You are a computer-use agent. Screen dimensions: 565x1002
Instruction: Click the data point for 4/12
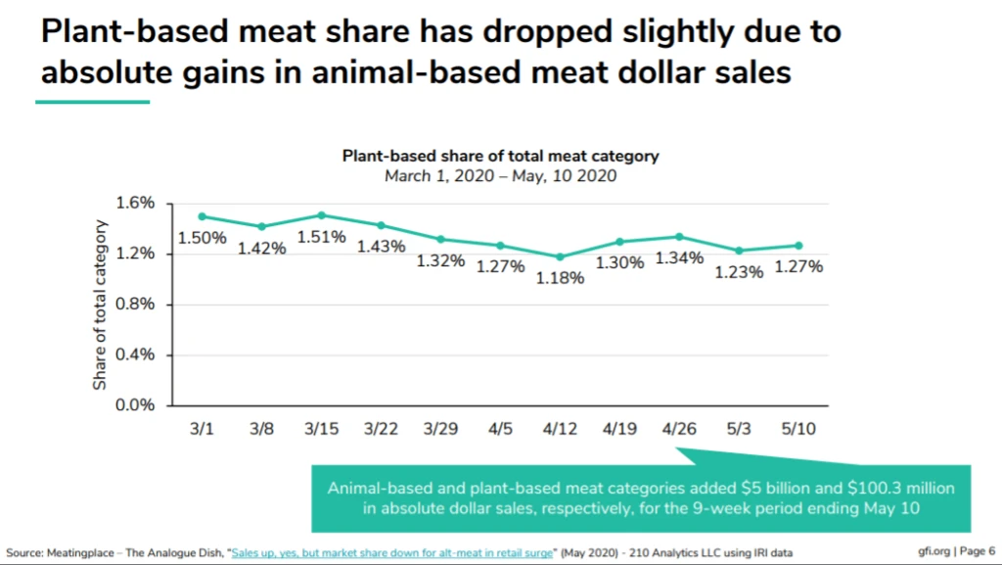click(x=561, y=258)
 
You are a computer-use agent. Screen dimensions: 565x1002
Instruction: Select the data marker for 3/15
click(x=322, y=214)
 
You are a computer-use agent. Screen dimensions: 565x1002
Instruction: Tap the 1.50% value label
click(x=202, y=238)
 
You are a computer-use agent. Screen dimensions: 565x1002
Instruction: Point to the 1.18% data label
click(x=561, y=278)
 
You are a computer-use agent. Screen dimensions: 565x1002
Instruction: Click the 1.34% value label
click(x=679, y=259)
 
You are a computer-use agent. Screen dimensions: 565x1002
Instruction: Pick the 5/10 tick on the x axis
click(x=798, y=429)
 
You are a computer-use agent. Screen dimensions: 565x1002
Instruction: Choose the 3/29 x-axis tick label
click(x=441, y=429)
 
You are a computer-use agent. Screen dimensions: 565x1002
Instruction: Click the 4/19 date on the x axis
click(x=619, y=429)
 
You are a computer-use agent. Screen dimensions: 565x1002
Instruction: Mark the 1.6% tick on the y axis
click(x=137, y=203)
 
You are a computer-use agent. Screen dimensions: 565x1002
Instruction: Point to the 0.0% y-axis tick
click(x=137, y=404)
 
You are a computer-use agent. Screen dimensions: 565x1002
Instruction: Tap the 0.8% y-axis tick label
click(x=137, y=304)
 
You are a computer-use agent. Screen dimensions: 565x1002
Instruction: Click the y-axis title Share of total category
click(x=100, y=306)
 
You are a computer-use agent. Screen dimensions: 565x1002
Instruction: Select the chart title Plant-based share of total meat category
click(x=500, y=156)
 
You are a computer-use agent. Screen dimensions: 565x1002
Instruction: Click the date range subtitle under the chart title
click(x=500, y=176)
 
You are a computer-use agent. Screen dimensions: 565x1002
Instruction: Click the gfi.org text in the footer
click(x=934, y=550)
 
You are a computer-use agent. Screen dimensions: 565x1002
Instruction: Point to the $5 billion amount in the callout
click(x=753, y=488)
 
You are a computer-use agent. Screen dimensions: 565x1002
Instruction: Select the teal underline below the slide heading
click(x=93, y=101)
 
